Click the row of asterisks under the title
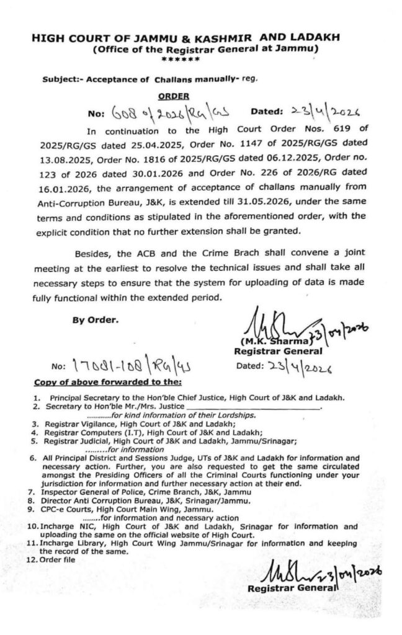coord(180,60)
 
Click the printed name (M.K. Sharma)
coord(261,340)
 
